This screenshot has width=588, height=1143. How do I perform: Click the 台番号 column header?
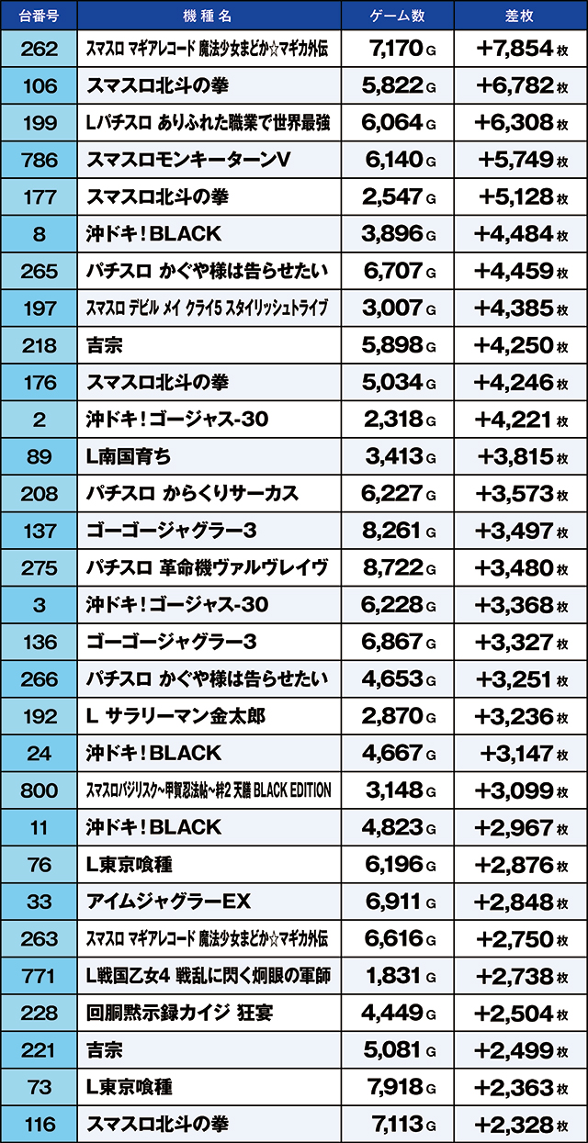tap(39, 16)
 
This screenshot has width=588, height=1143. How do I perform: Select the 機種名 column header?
tap(209, 16)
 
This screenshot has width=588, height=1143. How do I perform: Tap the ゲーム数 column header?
tap(397, 16)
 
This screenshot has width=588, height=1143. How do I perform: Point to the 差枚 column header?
tap(520, 16)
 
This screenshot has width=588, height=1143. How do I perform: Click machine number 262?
tap(39, 49)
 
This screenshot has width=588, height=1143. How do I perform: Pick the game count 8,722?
tap(392, 567)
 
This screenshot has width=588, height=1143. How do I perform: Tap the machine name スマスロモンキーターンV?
tap(188, 160)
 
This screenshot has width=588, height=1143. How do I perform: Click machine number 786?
tap(39, 160)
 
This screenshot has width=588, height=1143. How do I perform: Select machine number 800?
tap(39, 790)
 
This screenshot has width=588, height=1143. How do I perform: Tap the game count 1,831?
tap(392, 975)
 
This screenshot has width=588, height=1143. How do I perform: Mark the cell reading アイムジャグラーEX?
tap(168, 901)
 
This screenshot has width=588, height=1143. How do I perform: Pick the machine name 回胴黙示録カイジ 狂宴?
tap(179, 1013)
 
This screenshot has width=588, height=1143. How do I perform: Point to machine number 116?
tap(39, 1124)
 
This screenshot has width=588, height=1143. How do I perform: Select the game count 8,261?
tap(392, 531)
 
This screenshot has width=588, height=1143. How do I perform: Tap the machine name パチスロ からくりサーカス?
tap(192, 494)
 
